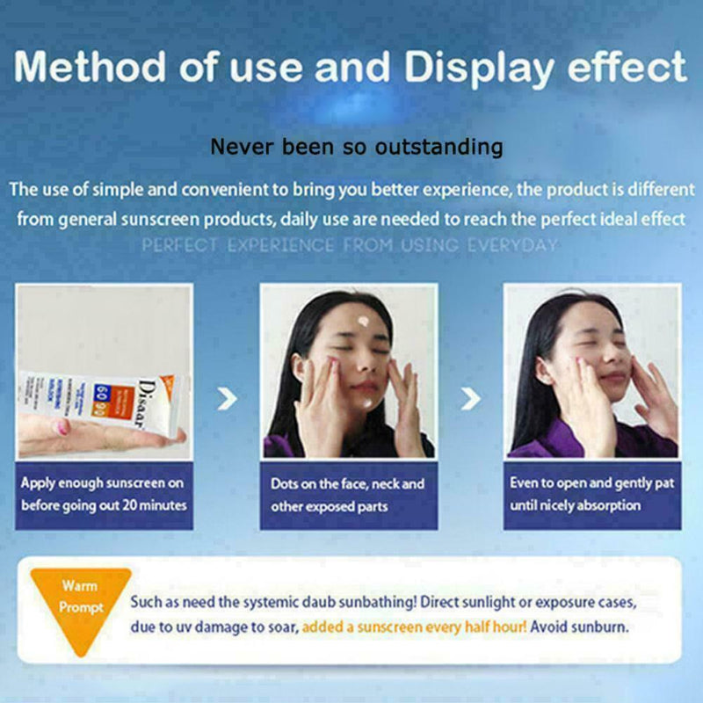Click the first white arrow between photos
pyautogui.click(x=228, y=400)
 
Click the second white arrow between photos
pyautogui.click(x=471, y=400)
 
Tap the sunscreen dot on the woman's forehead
pyautogui.click(x=364, y=322)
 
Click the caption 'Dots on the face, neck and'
pyautogui.click(x=348, y=484)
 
